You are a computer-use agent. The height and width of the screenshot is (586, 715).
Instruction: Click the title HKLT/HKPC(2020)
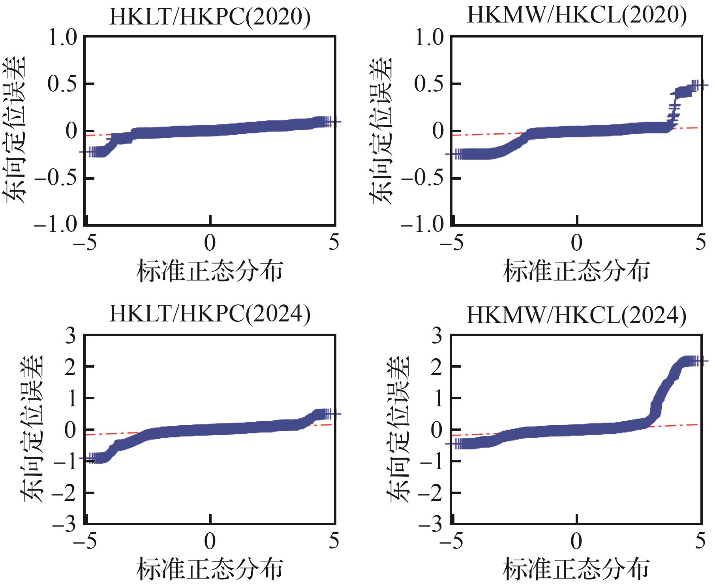click(210, 17)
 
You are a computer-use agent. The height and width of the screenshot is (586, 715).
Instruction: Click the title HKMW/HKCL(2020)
click(576, 16)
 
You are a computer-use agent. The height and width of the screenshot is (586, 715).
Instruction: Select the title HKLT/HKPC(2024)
click(210, 315)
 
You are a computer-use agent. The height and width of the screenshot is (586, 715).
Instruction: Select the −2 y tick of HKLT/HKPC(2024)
click(64, 493)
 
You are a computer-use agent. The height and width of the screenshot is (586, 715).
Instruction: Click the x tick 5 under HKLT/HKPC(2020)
click(334, 242)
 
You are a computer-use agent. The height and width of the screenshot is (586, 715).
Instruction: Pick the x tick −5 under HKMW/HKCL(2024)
click(452, 541)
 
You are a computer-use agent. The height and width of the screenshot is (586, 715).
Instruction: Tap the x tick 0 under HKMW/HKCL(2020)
click(577, 242)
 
